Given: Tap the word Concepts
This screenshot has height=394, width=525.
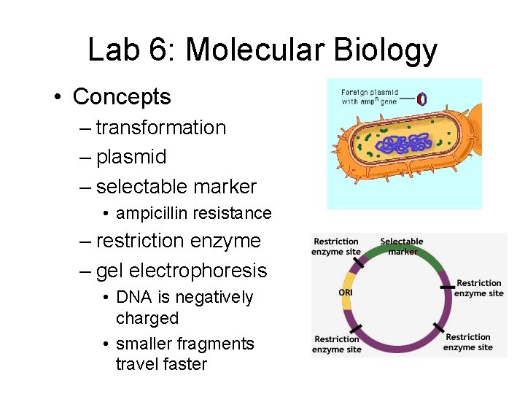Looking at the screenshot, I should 122,96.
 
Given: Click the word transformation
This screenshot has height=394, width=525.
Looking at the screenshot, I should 160,128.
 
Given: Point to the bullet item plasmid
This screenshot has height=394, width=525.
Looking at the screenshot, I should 131,157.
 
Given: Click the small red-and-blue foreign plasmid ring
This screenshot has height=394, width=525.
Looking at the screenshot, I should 421,98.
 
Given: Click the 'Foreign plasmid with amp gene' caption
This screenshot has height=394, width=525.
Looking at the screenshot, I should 370,97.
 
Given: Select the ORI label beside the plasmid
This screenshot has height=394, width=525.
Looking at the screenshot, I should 346,292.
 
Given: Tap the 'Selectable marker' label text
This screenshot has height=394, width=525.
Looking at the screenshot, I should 402,247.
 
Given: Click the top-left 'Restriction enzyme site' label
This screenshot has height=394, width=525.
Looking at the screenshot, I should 336,247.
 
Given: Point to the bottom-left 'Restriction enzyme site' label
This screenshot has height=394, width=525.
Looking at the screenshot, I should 338,344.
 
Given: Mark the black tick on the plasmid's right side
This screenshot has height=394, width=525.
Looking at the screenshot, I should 446,287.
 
